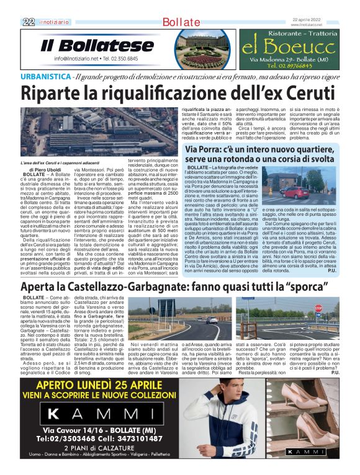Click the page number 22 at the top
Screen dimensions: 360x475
pyautogui.click(x=27, y=22)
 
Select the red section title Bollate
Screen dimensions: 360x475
pyautogui.click(x=180, y=22)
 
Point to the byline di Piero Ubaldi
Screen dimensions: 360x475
pyautogui.click(x=45, y=169)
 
